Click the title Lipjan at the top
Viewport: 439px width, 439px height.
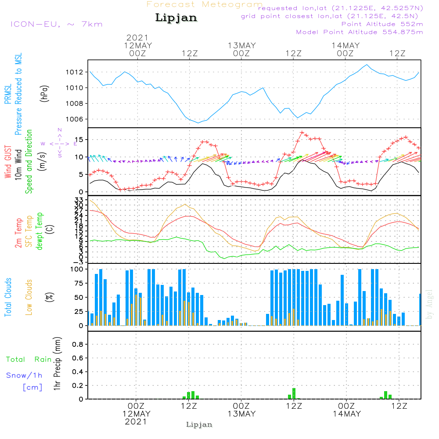coord(176,18)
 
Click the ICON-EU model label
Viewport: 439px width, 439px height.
coord(56,24)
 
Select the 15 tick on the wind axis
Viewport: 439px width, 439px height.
coord(79,140)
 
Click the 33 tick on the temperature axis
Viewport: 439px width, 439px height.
coord(79,200)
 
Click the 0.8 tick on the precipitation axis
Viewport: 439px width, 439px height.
coord(78,345)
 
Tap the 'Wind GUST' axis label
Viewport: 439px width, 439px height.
coord(8,157)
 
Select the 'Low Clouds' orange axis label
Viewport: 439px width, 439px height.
coord(29,296)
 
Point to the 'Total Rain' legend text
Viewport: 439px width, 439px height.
coord(29,359)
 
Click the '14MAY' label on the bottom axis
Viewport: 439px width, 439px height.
coord(346,414)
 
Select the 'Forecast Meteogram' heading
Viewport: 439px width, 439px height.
coord(204,4)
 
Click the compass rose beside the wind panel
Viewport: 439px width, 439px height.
coord(60,143)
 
